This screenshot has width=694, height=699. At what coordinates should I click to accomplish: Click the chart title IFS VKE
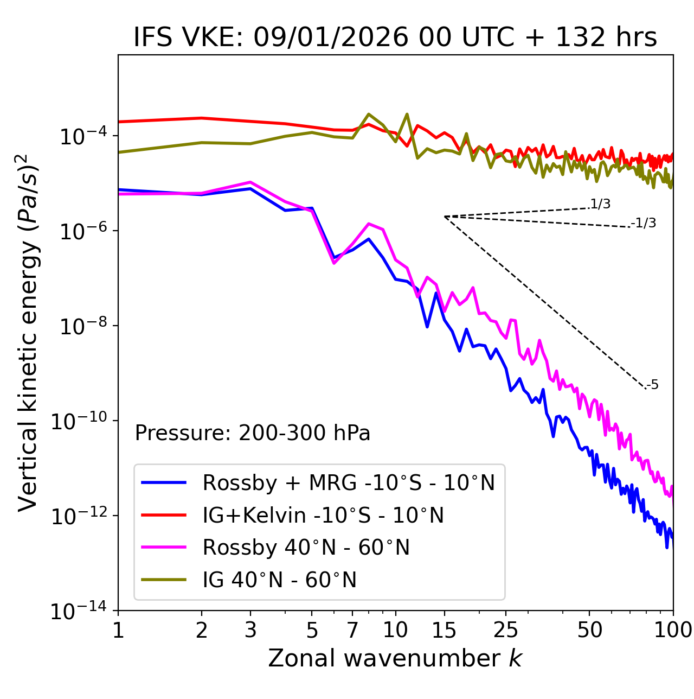point(395,37)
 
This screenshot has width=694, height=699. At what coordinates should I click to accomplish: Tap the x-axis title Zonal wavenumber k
point(395,658)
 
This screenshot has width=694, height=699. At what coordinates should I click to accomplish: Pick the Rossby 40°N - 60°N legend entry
point(306,548)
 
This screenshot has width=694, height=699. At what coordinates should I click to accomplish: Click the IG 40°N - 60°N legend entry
point(279,580)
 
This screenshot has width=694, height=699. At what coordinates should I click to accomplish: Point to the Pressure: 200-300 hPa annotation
point(253,433)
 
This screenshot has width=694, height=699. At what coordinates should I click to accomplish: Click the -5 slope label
point(652,385)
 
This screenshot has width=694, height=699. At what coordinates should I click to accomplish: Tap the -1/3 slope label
point(644,223)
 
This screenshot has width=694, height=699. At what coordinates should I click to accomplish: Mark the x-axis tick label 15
point(444,630)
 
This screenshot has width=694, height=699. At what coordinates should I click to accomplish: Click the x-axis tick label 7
point(352,630)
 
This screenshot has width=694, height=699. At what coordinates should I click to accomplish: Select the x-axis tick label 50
point(589,630)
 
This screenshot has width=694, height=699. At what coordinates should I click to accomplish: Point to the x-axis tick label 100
point(673,630)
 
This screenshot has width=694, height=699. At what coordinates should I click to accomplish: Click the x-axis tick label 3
point(250,630)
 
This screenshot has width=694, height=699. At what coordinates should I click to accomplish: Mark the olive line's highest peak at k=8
point(369,114)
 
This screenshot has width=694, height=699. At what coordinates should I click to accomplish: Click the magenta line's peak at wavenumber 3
point(250,182)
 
